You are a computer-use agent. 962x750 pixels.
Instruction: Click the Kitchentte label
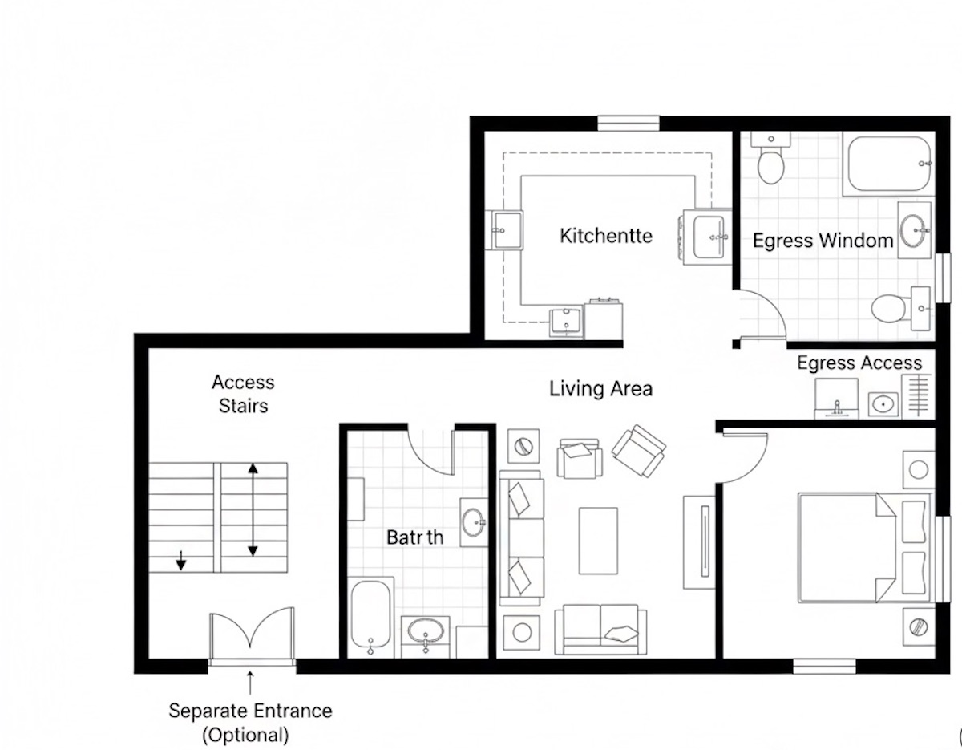[605, 236]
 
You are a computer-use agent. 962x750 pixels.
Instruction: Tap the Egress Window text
[823, 241]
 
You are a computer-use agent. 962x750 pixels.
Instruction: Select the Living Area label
[600, 389]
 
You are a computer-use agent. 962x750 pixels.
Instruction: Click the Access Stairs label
[243, 394]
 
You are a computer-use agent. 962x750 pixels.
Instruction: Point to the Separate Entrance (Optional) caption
[250, 722]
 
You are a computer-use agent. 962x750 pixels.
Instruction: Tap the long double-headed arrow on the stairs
[253, 509]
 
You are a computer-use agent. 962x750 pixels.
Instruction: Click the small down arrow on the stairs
[181, 560]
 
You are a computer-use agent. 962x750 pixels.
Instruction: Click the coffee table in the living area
[598, 540]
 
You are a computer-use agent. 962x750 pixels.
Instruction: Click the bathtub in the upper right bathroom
[888, 164]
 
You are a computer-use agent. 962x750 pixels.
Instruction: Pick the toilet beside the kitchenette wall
[771, 160]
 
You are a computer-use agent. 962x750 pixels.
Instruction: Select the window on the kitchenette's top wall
[628, 123]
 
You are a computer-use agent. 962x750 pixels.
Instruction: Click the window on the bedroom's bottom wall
[824, 666]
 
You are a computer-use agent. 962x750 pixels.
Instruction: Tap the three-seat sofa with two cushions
[521, 537]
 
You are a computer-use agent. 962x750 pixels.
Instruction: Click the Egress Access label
[859, 363]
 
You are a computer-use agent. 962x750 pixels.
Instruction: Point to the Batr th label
[414, 537]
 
